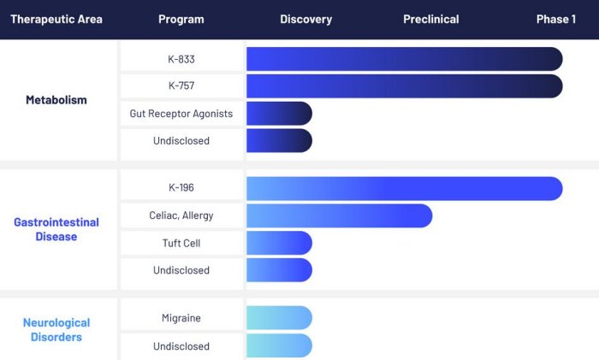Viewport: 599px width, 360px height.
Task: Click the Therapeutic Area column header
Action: tap(56, 19)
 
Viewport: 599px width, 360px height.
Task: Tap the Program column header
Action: tap(181, 19)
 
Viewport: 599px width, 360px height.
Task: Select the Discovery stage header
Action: tap(305, 19)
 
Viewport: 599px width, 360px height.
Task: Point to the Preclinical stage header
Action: tap(430, 19)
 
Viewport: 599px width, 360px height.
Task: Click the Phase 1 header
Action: tap(555, 19)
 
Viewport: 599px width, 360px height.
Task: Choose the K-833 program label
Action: tap(181, 59)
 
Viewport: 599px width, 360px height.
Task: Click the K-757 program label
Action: tap(181, 86)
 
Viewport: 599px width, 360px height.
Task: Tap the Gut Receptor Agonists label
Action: tap(181, 114)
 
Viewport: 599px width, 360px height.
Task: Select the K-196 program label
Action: tap(181, 188)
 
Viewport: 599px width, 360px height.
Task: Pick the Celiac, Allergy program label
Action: tap(181, 215)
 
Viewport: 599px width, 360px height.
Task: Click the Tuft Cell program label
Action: tap(181, 243)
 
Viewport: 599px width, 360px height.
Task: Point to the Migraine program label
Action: tap(181, 318)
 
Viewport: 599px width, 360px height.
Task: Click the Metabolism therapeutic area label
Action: tap(56, 100)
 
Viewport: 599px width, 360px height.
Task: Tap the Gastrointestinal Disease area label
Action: tap(56, 229)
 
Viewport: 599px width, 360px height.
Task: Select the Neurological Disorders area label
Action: tap(56, 330)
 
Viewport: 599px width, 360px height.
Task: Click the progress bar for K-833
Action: tap(404, 59)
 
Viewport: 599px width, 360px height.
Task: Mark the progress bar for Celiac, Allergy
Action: tap(339, 215)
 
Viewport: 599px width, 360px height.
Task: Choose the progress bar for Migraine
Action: tap(279, 318)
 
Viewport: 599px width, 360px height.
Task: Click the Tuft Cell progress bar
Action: tap(279, 243)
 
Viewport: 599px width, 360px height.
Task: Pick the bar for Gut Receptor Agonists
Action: tap(279, 114)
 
